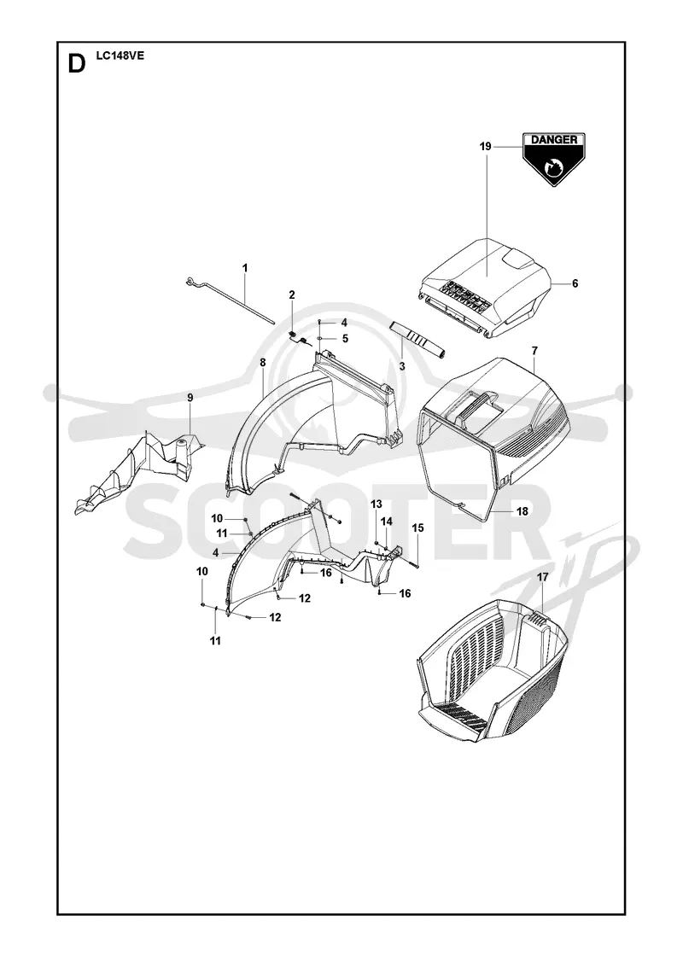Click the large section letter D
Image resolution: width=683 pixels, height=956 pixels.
click(x=76, y=63)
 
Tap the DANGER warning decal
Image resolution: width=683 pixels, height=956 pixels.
click(x=554, y=159)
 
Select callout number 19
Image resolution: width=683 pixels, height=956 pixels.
click(x=486, y=146)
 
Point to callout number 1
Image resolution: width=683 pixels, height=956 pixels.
click(x=245, y=268)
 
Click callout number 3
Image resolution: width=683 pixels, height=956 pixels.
click(x=402, y=366)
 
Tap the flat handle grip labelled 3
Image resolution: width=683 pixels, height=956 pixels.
click(x=418, y=339)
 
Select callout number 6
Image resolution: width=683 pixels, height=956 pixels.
click(x=575, y=283)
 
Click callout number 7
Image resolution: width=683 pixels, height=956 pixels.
click(x=534, y=351)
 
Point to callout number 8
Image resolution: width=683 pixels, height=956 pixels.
click(x=263, y=363)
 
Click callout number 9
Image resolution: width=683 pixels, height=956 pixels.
click(x=190, y=398)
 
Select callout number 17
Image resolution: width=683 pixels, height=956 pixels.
click(x=543, y=577)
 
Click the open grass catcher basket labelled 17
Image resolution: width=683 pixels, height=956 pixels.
click(x=494, y=671)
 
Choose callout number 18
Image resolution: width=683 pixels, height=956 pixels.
click(x=522, y=511)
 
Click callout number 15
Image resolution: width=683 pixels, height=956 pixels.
click(x=417, y=528)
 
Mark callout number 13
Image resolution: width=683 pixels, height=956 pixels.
click(x=377, y=504)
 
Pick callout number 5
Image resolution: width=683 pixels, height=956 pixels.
click(x=345, y=338)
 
